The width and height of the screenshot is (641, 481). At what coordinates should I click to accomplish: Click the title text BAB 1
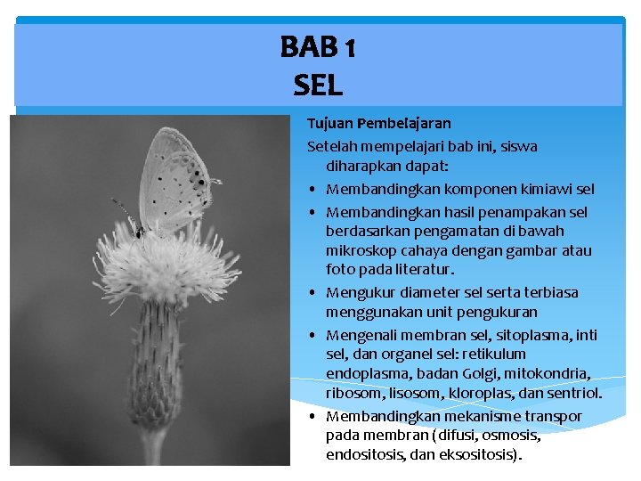tap(318, 47)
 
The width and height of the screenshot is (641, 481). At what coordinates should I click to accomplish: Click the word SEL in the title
tap(317, 86)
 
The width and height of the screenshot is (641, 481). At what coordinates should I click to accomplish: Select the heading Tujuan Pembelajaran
tap(379, 123)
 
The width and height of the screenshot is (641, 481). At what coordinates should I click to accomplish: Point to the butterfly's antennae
tap(125, 211)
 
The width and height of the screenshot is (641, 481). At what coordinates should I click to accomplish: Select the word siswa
tap(518, 146)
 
